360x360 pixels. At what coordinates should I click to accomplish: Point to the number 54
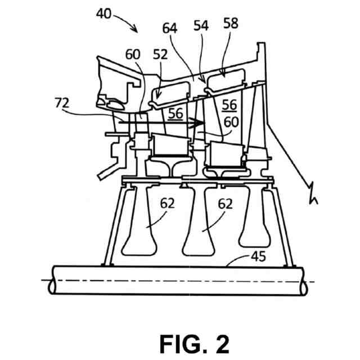coord(201,25)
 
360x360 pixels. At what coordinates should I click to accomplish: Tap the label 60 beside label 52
coord(132,54)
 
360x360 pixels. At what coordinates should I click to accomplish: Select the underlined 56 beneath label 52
coord(175,113)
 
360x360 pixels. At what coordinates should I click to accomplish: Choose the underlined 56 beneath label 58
coord(229,105)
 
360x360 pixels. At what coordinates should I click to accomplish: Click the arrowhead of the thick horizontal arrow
coord(199,122)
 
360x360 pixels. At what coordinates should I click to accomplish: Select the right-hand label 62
coord(225,204)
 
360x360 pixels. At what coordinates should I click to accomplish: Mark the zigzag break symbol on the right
coord(313,194)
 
